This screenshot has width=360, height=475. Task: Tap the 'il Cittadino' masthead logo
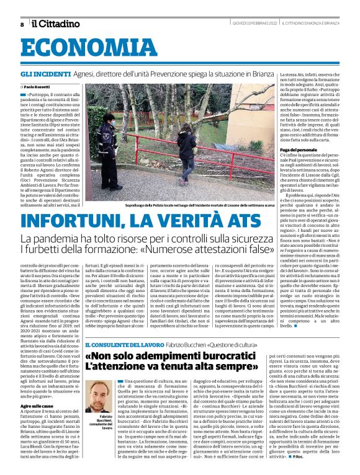point(56,24)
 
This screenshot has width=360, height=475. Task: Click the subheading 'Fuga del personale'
point(295,151)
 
